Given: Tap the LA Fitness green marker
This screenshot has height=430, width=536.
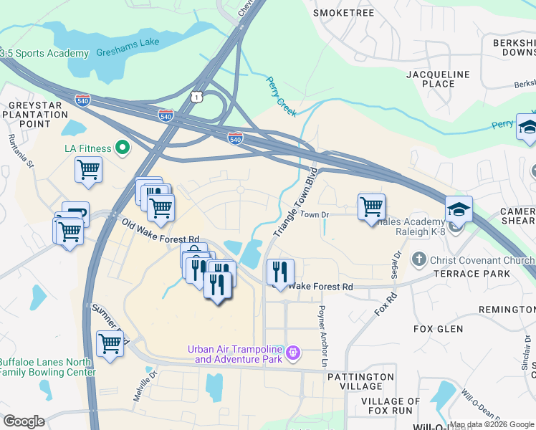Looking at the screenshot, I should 123,148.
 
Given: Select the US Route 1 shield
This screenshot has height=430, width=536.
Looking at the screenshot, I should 196,96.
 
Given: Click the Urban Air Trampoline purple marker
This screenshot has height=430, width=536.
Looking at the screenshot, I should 292,353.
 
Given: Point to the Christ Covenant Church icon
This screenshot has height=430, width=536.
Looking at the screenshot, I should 419,258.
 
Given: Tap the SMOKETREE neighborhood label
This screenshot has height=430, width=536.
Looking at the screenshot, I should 344,13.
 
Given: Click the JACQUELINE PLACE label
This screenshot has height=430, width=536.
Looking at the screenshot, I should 438,79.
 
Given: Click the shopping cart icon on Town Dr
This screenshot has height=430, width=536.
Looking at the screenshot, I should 371,206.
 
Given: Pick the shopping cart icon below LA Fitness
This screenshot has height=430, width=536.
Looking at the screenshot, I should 88,170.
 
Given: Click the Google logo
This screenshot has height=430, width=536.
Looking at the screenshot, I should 24,421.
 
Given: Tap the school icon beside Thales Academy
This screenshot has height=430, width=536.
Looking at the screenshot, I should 459,209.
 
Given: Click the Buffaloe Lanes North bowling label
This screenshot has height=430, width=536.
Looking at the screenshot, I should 47,367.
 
